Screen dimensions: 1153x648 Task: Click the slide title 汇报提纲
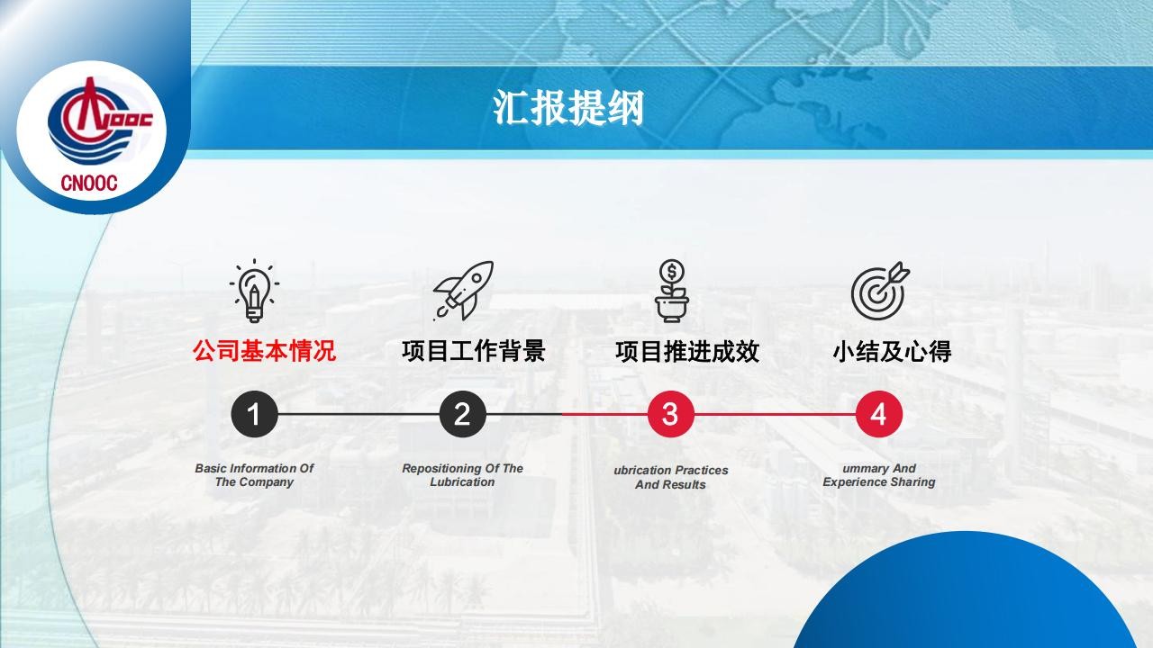coord(568,107)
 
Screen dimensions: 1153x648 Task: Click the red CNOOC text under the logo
coord(89,183)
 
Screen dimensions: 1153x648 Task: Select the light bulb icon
coord(254,291)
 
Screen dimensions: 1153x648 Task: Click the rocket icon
coord(463,291)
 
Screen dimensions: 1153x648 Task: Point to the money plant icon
coord(672,291)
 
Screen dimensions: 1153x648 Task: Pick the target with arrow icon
coord(880,291)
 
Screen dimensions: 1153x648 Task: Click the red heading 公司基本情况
coord(264,351)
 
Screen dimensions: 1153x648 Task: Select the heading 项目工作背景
coord(474,351)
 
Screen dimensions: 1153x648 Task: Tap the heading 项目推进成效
coord(687,351)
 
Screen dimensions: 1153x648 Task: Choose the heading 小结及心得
coord(892,351)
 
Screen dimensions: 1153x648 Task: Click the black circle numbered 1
coord(254,414)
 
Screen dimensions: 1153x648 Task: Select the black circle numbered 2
coord(463,414)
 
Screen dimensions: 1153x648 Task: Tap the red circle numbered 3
coord(671,414)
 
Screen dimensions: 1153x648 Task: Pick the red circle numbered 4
coord(879,414)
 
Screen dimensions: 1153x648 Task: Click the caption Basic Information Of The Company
coord(254,475)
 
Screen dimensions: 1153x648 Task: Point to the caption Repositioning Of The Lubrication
coord(462,475)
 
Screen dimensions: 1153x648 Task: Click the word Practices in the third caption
coord(701,470)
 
